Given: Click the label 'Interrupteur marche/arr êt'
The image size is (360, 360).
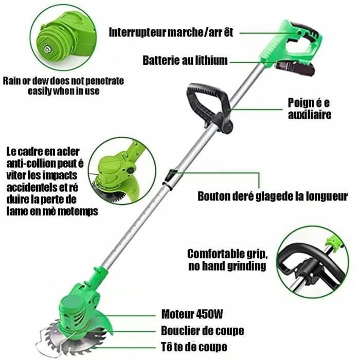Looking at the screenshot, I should click(171, 32).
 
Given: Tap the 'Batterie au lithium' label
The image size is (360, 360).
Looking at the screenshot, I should click(185, 61).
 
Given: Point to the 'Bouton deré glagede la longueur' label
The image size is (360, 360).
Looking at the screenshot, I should click(273, 196).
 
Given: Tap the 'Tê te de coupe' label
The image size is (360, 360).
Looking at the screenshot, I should click(194, 347).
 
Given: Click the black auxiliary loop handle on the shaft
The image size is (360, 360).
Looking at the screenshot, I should click(208, 103).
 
